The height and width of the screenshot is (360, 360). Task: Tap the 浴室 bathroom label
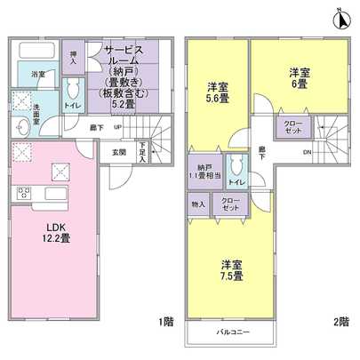coord(39,75)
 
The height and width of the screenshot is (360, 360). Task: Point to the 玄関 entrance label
coord(119,151)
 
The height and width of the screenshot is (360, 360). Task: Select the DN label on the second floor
coord(307,151)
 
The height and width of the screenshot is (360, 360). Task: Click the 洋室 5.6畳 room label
coord(218,93)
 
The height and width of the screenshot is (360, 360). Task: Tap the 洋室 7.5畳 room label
coord(233,270)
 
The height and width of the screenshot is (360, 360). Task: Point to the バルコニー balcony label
coord(233,332)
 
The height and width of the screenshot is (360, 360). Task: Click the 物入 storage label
coord(198,204)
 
